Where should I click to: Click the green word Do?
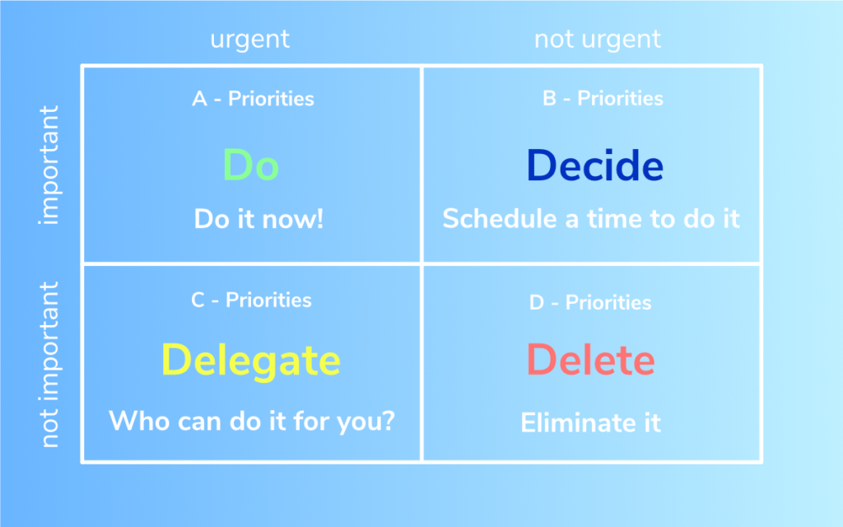[251, 165]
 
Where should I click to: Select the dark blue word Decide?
[594, 165]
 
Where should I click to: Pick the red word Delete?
[590, 359]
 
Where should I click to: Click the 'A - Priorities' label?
[254, 99]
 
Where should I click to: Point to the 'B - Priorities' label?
[603, 99]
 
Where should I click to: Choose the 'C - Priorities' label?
[251, 300]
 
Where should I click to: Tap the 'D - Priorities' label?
[590, 303]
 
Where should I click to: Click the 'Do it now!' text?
[258, 219]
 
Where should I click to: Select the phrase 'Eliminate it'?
[590, 422]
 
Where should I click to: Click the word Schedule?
[500, 219]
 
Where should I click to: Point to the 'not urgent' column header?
[598, 40]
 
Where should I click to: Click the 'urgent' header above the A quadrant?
[250, 40]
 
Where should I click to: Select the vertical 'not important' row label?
[49, 365]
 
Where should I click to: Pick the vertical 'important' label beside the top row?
[49, 165]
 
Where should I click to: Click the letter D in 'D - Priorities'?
[537, 303]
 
